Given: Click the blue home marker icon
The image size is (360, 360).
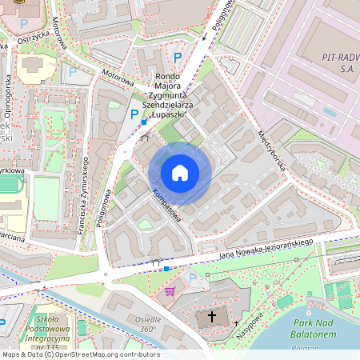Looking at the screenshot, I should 180,172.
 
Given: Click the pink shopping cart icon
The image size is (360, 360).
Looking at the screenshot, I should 170,291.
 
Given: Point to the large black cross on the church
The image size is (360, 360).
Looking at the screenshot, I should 212,317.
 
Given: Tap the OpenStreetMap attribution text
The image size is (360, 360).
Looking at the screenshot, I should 80,354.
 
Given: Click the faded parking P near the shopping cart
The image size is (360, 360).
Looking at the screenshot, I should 192,278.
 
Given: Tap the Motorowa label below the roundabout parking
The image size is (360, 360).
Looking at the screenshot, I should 117,80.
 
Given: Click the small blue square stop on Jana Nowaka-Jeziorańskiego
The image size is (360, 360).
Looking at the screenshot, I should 166,269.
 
